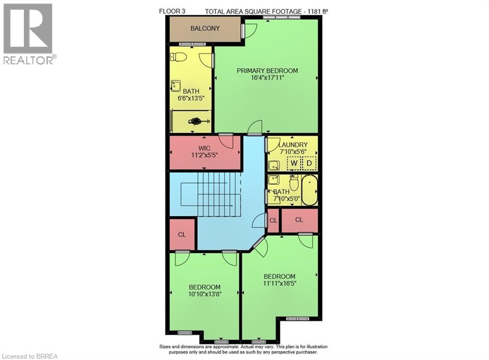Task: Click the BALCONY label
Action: [205, 28]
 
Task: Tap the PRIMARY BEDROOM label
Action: [267, 71]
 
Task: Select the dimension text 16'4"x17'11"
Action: [267, 78]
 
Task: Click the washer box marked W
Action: [294, 163]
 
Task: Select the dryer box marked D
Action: [309, 163]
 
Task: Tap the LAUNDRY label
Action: [292, 144]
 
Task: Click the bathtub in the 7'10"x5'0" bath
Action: [309, 190]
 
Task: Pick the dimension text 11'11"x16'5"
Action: [279, 283]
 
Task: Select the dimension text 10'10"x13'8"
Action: [205, 294]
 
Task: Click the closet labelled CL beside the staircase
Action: [182, 235]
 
